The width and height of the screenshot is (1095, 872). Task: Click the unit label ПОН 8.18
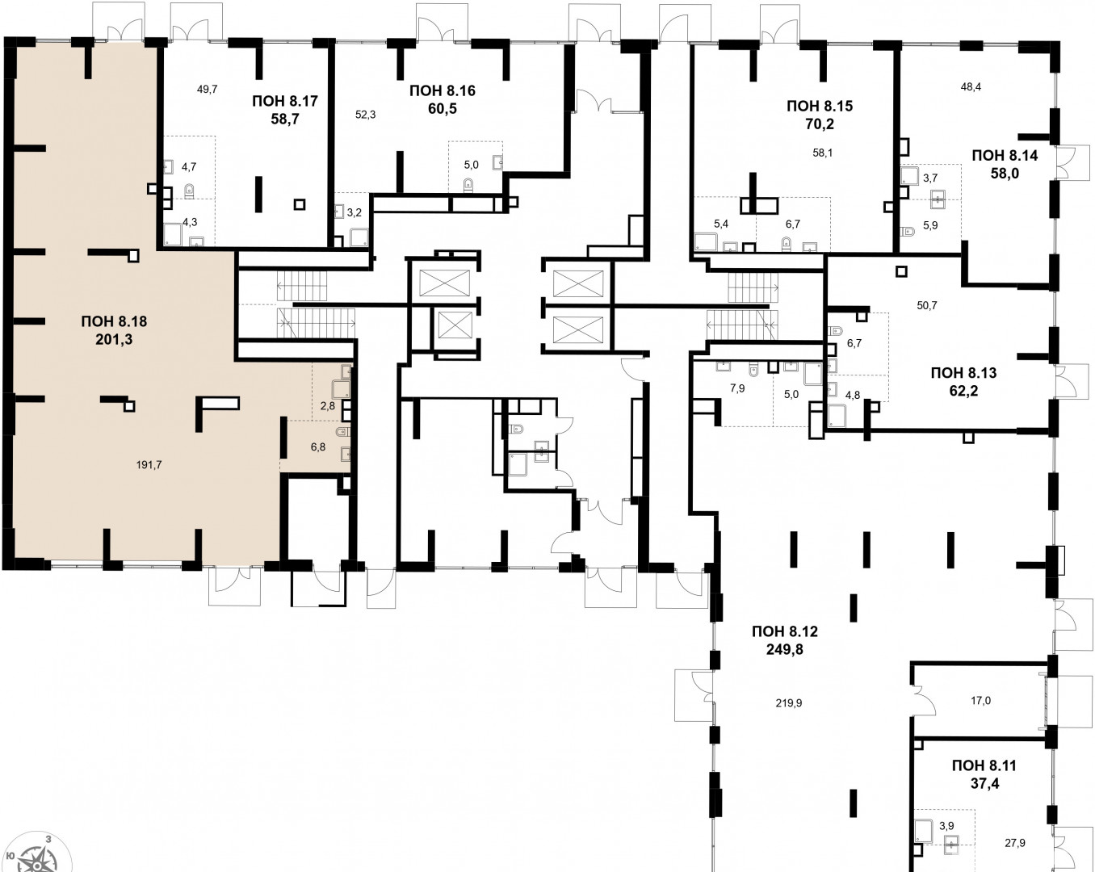click(114, 321)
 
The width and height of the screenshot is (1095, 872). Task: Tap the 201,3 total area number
click(114, 339)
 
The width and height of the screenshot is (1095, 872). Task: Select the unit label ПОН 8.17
click(285, 101)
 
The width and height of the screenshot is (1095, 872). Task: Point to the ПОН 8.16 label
click(443, 90)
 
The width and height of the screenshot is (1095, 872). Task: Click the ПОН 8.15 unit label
click(820, 106)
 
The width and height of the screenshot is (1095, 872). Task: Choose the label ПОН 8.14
click(1005, 155)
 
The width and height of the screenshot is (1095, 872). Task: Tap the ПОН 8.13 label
click(963, 372)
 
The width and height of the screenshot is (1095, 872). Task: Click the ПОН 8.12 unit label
click(785, 631)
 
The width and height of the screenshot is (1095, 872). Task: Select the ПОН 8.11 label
click(984, 765)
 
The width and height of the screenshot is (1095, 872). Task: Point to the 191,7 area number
click(149, 464)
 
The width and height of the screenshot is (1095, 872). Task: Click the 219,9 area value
click(789, 703)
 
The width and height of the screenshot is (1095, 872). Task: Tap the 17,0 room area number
click(980, 701)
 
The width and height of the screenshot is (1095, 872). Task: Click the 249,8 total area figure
click(785, 650)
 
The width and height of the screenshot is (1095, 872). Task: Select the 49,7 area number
click(207, 90)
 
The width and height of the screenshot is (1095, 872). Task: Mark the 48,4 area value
click(971, 86)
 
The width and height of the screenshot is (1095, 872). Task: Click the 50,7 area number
click(926, 305)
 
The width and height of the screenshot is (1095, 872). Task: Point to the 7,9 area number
click(737, 388)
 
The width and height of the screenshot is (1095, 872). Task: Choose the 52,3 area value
click(365, 115)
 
